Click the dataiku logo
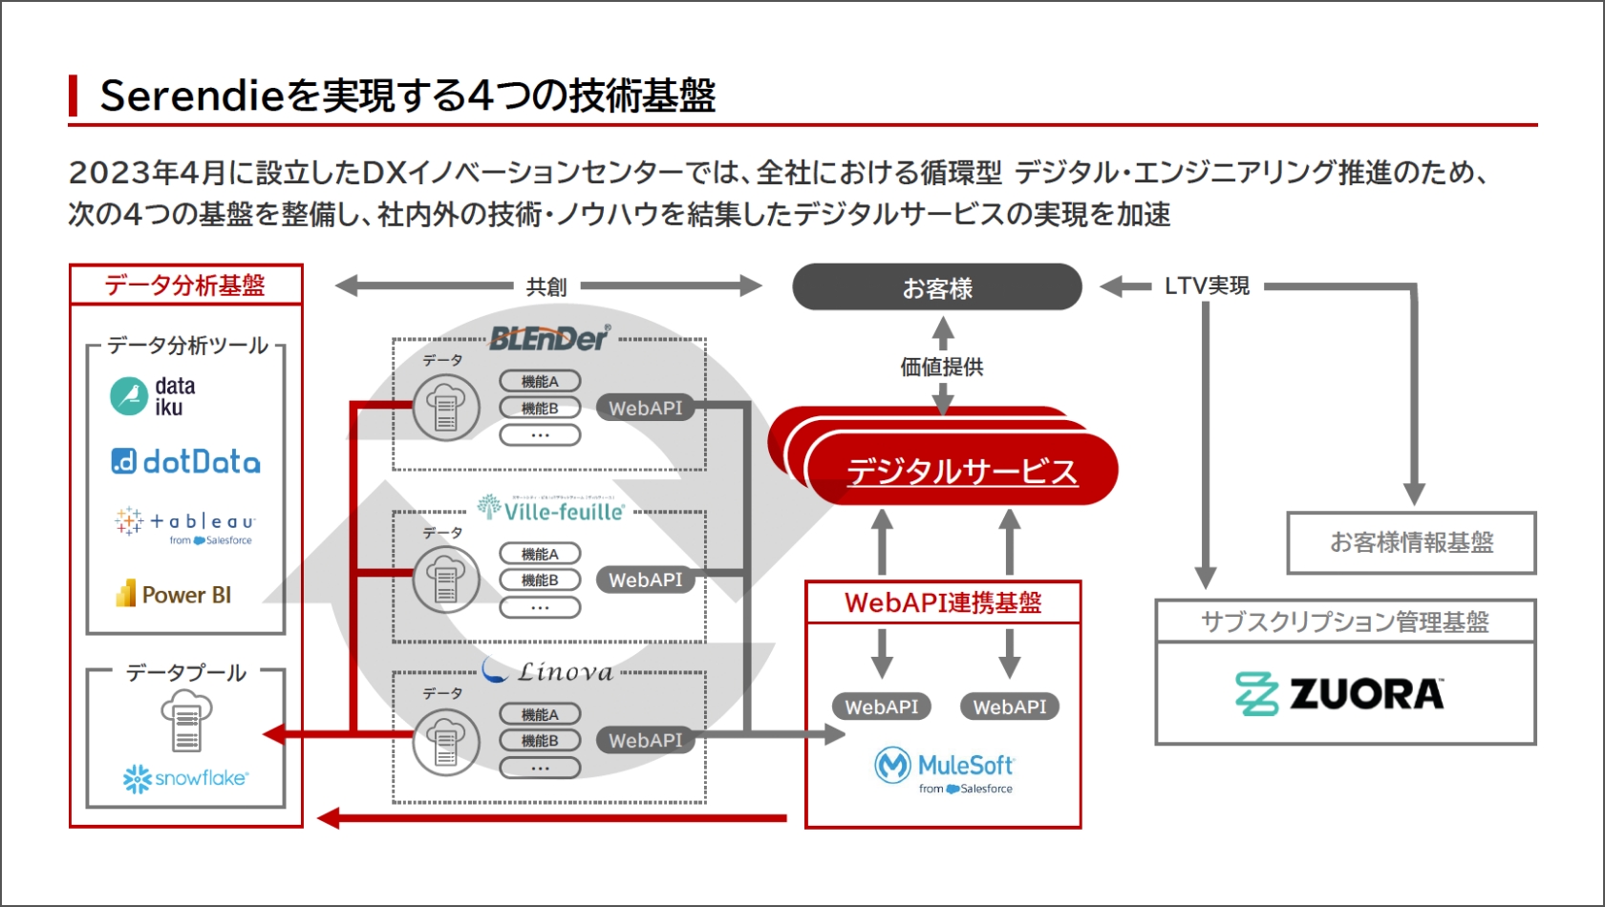(153, 396)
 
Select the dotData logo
(185, 462)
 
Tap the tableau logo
(185, 525)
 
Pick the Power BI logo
(174, 595)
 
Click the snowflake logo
(185, 778)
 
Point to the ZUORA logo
(1339, 694)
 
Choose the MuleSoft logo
(944, 770)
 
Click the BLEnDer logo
(549, 338)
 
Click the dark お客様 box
(937, 287)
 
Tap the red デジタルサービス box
(962, 471)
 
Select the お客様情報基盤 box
(1411, 542)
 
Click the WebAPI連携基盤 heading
(943, 602)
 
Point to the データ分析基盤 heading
(185, 285)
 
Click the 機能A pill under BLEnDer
(540, 382)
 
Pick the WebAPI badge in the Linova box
(646, 740)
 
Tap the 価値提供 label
(942, 367)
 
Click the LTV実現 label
(1207, 285)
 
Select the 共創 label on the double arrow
(546, 286)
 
